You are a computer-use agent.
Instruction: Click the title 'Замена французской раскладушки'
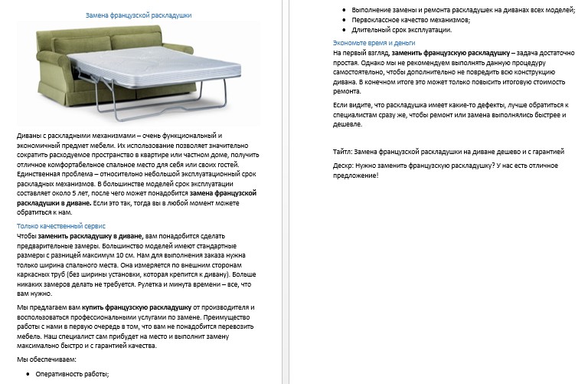(x=138, y=15)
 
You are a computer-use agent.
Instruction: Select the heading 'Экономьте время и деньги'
(x=374, y=43)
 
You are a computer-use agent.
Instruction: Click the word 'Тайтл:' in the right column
(x=345, y=152)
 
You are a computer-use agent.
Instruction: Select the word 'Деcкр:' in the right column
(x=345, y=166)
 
